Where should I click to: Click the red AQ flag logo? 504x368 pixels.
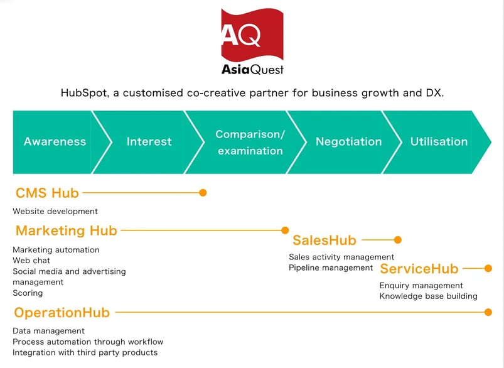click(x=252, y=35)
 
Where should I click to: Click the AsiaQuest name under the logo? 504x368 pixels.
click(x=252, y=69)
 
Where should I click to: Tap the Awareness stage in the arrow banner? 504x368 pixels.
click(x=55, y=142)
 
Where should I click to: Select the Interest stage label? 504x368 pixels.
click(x=149, y=142)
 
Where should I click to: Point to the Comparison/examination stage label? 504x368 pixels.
click(x=250, y=143)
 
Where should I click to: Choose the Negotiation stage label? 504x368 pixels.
click(x=348, y=142)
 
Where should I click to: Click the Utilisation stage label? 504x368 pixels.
click(x=439, y=142)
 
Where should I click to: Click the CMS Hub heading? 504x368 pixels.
click(x=47, y=193)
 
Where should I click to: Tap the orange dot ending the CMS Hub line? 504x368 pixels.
click(x=203, y=193)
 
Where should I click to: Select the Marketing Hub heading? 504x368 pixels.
click(x=66, y=230)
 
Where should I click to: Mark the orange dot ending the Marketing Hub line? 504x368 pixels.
click(x=285, y=230)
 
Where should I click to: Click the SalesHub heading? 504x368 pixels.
click(x=324, y=240)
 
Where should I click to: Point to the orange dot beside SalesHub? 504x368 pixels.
click(x=397, y=240)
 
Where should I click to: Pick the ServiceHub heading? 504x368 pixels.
click(x=419, y=269)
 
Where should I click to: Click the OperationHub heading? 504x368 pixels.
click(x=62, y=312)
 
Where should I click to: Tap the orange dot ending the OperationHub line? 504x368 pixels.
click(x=488, y=312)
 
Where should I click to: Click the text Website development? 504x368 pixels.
click(x=55, y=212)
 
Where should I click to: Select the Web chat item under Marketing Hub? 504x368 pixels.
click(x=31, y=261)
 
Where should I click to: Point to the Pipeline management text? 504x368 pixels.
click(x=331, y=268)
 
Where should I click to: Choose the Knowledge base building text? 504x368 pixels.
click(x=428, y=296)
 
